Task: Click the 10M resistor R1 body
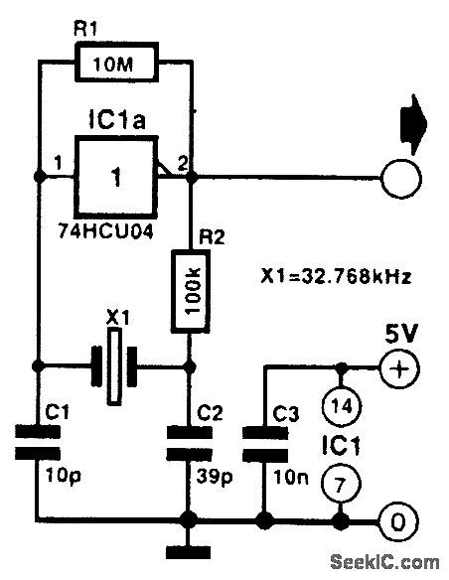(x=116, y=67)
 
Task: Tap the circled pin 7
(x=341, y=488)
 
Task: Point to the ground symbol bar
(x=189, y=549)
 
